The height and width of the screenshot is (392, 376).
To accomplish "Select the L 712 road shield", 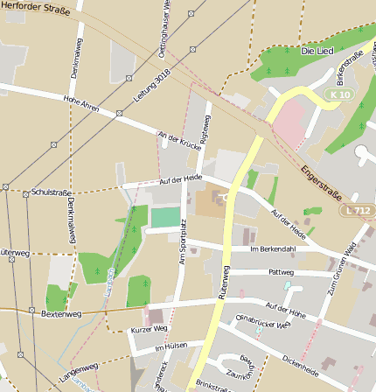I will (359, 211).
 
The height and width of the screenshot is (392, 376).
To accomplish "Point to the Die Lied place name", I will (317, 52).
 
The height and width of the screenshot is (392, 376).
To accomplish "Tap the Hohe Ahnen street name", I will (80, 107).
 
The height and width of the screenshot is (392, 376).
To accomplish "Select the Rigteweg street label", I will (206, 129).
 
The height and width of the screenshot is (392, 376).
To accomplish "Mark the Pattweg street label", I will (282, 272).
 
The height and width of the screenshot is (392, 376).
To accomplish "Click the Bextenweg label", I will (61, 312).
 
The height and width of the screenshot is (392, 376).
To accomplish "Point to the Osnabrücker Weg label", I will (262, 325).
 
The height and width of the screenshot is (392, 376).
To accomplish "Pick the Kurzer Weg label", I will (148, 329).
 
